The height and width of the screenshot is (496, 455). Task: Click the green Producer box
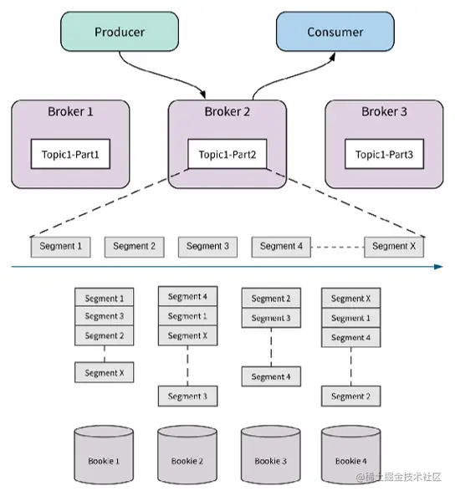point(120,32)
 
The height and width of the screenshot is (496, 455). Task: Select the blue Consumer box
point(335,32)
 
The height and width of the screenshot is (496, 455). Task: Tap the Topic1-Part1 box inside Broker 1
point(70,154)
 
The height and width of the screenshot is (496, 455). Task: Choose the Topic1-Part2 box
point(227,154)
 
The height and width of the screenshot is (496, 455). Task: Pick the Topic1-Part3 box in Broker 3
point(384,154)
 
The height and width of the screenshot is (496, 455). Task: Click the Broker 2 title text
point(227,111)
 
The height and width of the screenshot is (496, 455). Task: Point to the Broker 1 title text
point(70,111)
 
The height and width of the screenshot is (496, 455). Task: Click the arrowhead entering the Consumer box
point(332,57)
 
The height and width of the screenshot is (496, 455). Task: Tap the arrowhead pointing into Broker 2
point(202,95)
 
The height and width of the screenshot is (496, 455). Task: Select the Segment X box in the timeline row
point(394,247)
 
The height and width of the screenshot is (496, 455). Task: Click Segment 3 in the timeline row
point(207,247)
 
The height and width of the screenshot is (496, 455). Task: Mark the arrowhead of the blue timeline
point(438,267)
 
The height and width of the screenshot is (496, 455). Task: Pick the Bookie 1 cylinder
point(104,455)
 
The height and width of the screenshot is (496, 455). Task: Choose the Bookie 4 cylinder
point(351,455)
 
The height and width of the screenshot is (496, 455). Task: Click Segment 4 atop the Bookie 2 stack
point(187,296)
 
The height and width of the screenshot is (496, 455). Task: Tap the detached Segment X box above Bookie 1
point(104,373)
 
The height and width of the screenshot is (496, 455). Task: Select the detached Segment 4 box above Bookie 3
point(271,376)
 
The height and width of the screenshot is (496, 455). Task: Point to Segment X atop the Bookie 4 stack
point(351,298)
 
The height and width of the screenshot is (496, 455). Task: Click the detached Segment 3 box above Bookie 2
point(187,396)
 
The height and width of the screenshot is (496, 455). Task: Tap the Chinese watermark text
point(399,477)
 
